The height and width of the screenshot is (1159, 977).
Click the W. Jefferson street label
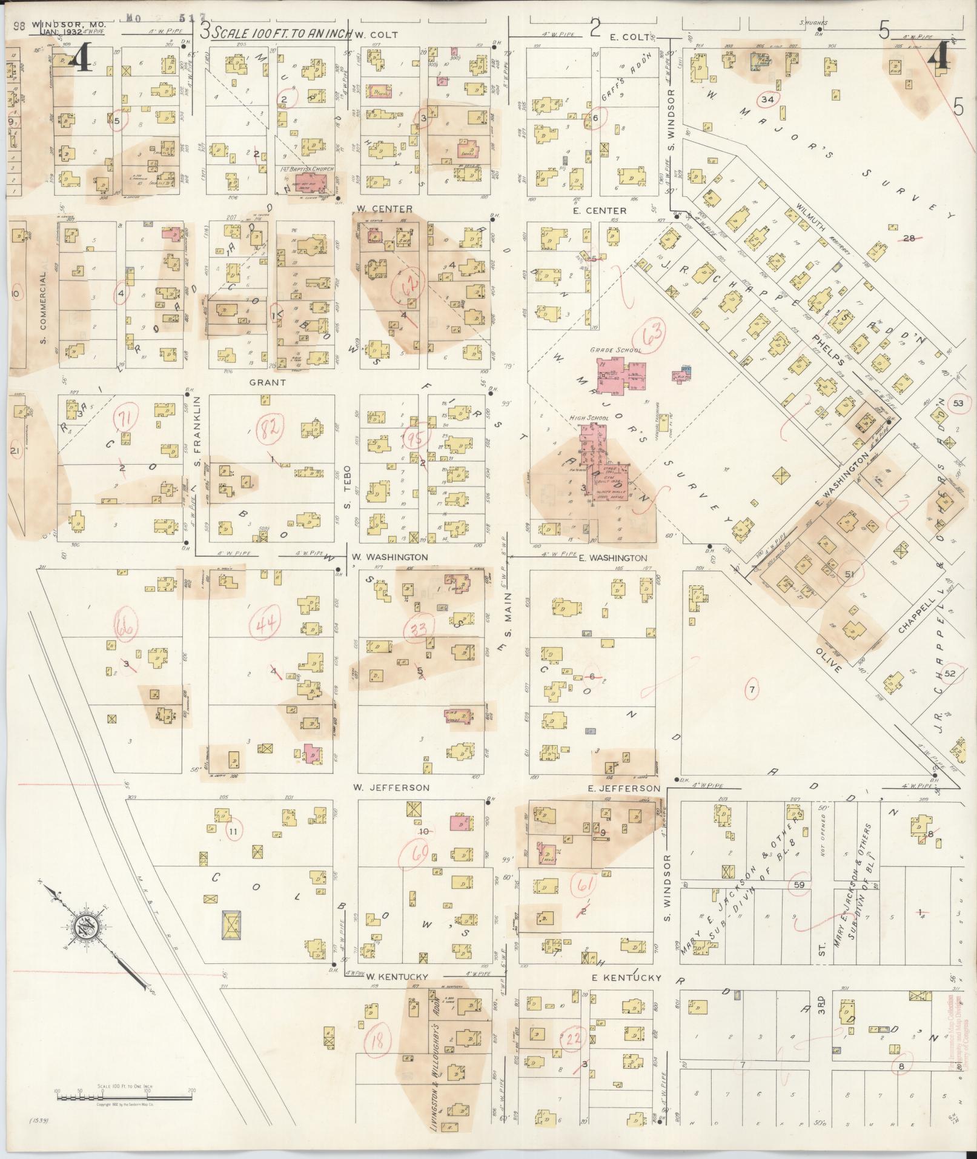pos(392,788)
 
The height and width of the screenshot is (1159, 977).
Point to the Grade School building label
pos(612,350)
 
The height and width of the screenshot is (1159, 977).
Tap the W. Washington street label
pos(392,557)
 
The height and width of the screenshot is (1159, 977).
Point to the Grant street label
pos(267,383)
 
